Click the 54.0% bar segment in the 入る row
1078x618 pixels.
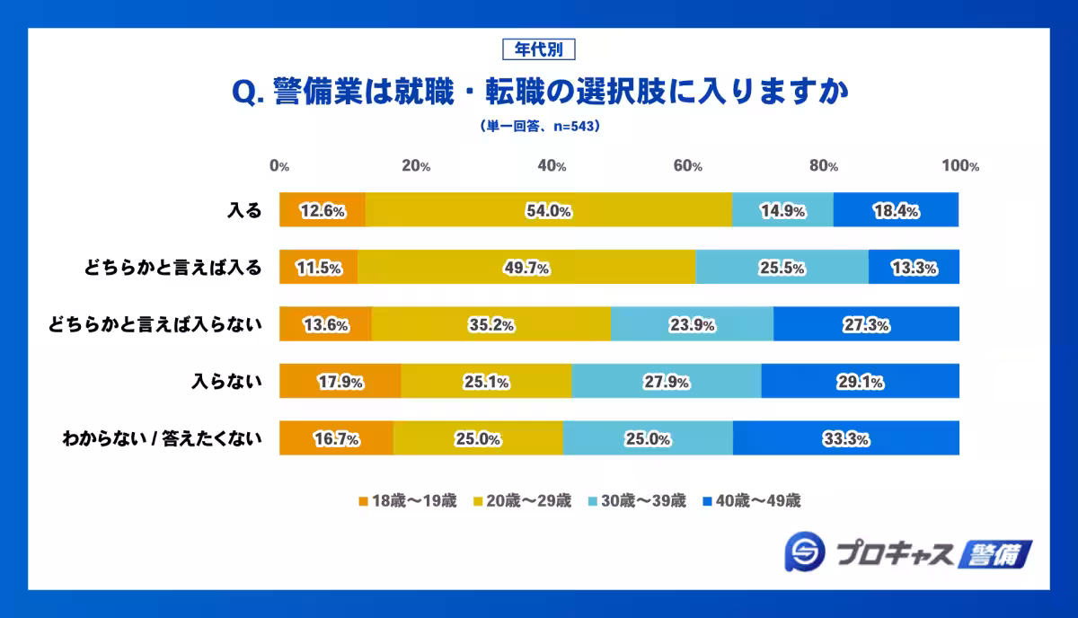(x=548, y=210)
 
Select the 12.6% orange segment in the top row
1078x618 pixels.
(x=322, y=210)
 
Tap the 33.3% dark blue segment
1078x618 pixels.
(x=845, y=438)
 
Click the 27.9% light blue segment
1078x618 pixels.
(x=666, y=382)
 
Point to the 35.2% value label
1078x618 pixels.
(x=490, y=325)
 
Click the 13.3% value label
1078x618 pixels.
(x=915, y=268)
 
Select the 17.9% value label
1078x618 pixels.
(x=340, y=382)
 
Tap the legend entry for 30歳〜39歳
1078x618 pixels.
(x=636, y=501)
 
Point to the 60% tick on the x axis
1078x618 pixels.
(x=688, y=166)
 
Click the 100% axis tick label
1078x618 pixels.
(x=959, y=166)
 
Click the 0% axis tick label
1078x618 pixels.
(x=279, y=166)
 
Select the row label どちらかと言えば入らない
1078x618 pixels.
(x=155, y=324)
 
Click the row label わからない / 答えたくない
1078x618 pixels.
(x=162, y=438)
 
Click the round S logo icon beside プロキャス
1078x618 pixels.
(x=804, y=553)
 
